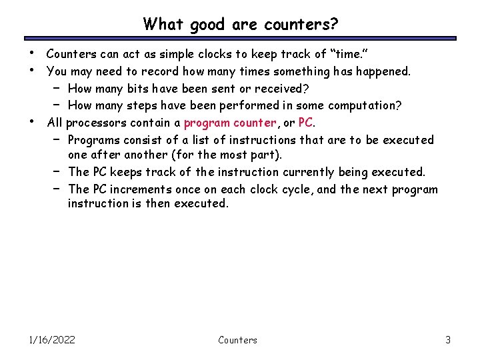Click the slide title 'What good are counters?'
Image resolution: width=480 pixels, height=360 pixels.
(240, 25)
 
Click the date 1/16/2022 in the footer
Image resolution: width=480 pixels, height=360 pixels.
(52, 340)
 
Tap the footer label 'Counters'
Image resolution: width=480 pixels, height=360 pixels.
(237, 340)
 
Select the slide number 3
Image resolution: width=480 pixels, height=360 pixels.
(448, 340)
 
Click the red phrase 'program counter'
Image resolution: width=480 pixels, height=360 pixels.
(230, 123)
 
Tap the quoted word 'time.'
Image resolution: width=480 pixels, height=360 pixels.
(353, 53)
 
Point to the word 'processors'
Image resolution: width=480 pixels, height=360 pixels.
(97, 123)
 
